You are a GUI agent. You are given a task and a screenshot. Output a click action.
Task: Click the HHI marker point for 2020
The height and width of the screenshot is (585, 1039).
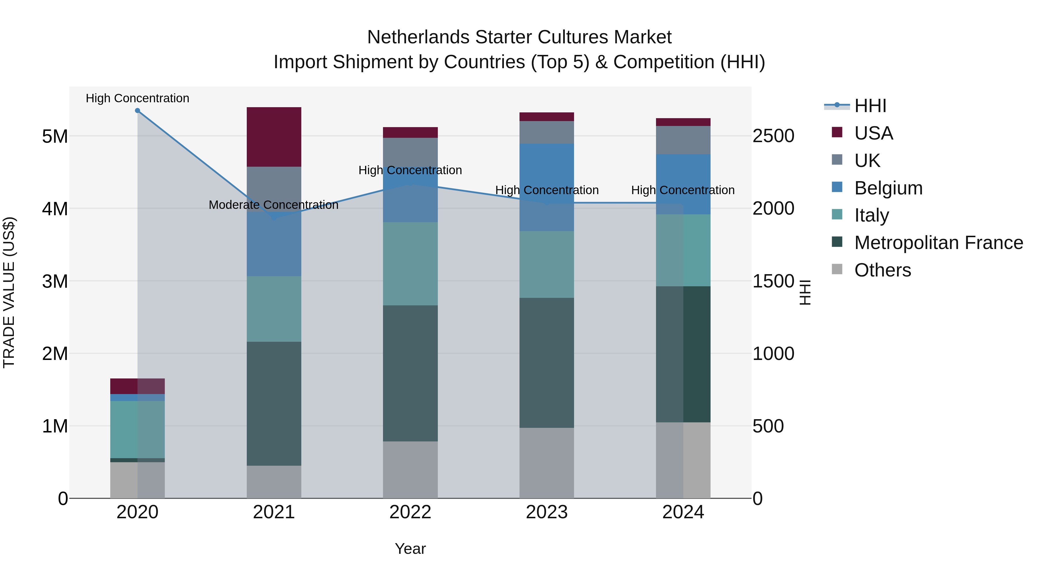tap(138, 111)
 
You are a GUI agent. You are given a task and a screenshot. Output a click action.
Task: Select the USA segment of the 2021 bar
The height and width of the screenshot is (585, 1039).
tap(274, 137)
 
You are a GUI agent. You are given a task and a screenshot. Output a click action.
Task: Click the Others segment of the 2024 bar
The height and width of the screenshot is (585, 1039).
tap(683, 460)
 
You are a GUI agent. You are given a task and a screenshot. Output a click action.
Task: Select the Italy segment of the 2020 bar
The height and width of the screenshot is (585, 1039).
tap(138, 430)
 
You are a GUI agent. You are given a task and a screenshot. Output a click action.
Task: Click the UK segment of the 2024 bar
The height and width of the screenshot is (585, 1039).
tap(683, 140)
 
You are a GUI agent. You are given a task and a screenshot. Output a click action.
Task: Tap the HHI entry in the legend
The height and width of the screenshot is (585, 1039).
tap(870, 106)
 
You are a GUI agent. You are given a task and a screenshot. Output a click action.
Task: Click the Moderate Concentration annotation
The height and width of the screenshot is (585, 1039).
tap(274, 205)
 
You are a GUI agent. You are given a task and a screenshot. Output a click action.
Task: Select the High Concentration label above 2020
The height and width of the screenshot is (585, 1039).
tap(138, 99)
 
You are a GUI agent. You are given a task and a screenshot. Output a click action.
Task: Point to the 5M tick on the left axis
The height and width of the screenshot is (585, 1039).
tap(55, 136)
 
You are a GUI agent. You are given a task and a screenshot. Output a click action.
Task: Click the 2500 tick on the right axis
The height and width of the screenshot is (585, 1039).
tap(773, 136)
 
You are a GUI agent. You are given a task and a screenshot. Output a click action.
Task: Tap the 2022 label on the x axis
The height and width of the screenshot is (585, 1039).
tap(410, 512)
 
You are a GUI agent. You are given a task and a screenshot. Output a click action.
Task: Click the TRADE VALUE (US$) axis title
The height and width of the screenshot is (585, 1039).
tap(9, 292)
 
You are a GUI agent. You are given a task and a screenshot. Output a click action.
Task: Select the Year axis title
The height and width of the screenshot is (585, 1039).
tap(410, 549)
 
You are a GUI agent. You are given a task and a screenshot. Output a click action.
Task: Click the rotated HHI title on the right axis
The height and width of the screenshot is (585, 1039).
tap(805, 292)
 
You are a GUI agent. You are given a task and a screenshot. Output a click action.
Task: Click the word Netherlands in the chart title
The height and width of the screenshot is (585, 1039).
tap(418, 37)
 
